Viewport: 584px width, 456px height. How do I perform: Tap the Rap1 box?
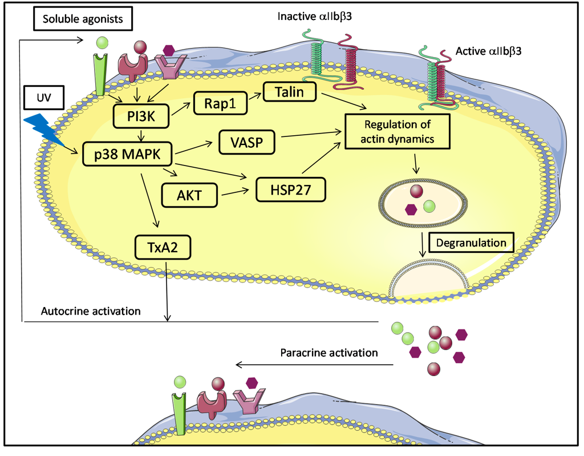(217, 104)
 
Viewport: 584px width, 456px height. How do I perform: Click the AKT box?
(191, 195)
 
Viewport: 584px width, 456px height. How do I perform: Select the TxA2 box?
(163, 247)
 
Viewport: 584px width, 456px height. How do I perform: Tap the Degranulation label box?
(471, 243)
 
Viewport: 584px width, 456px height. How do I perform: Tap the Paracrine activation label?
(329, 353)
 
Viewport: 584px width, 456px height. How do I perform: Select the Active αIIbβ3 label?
(489, 51)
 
